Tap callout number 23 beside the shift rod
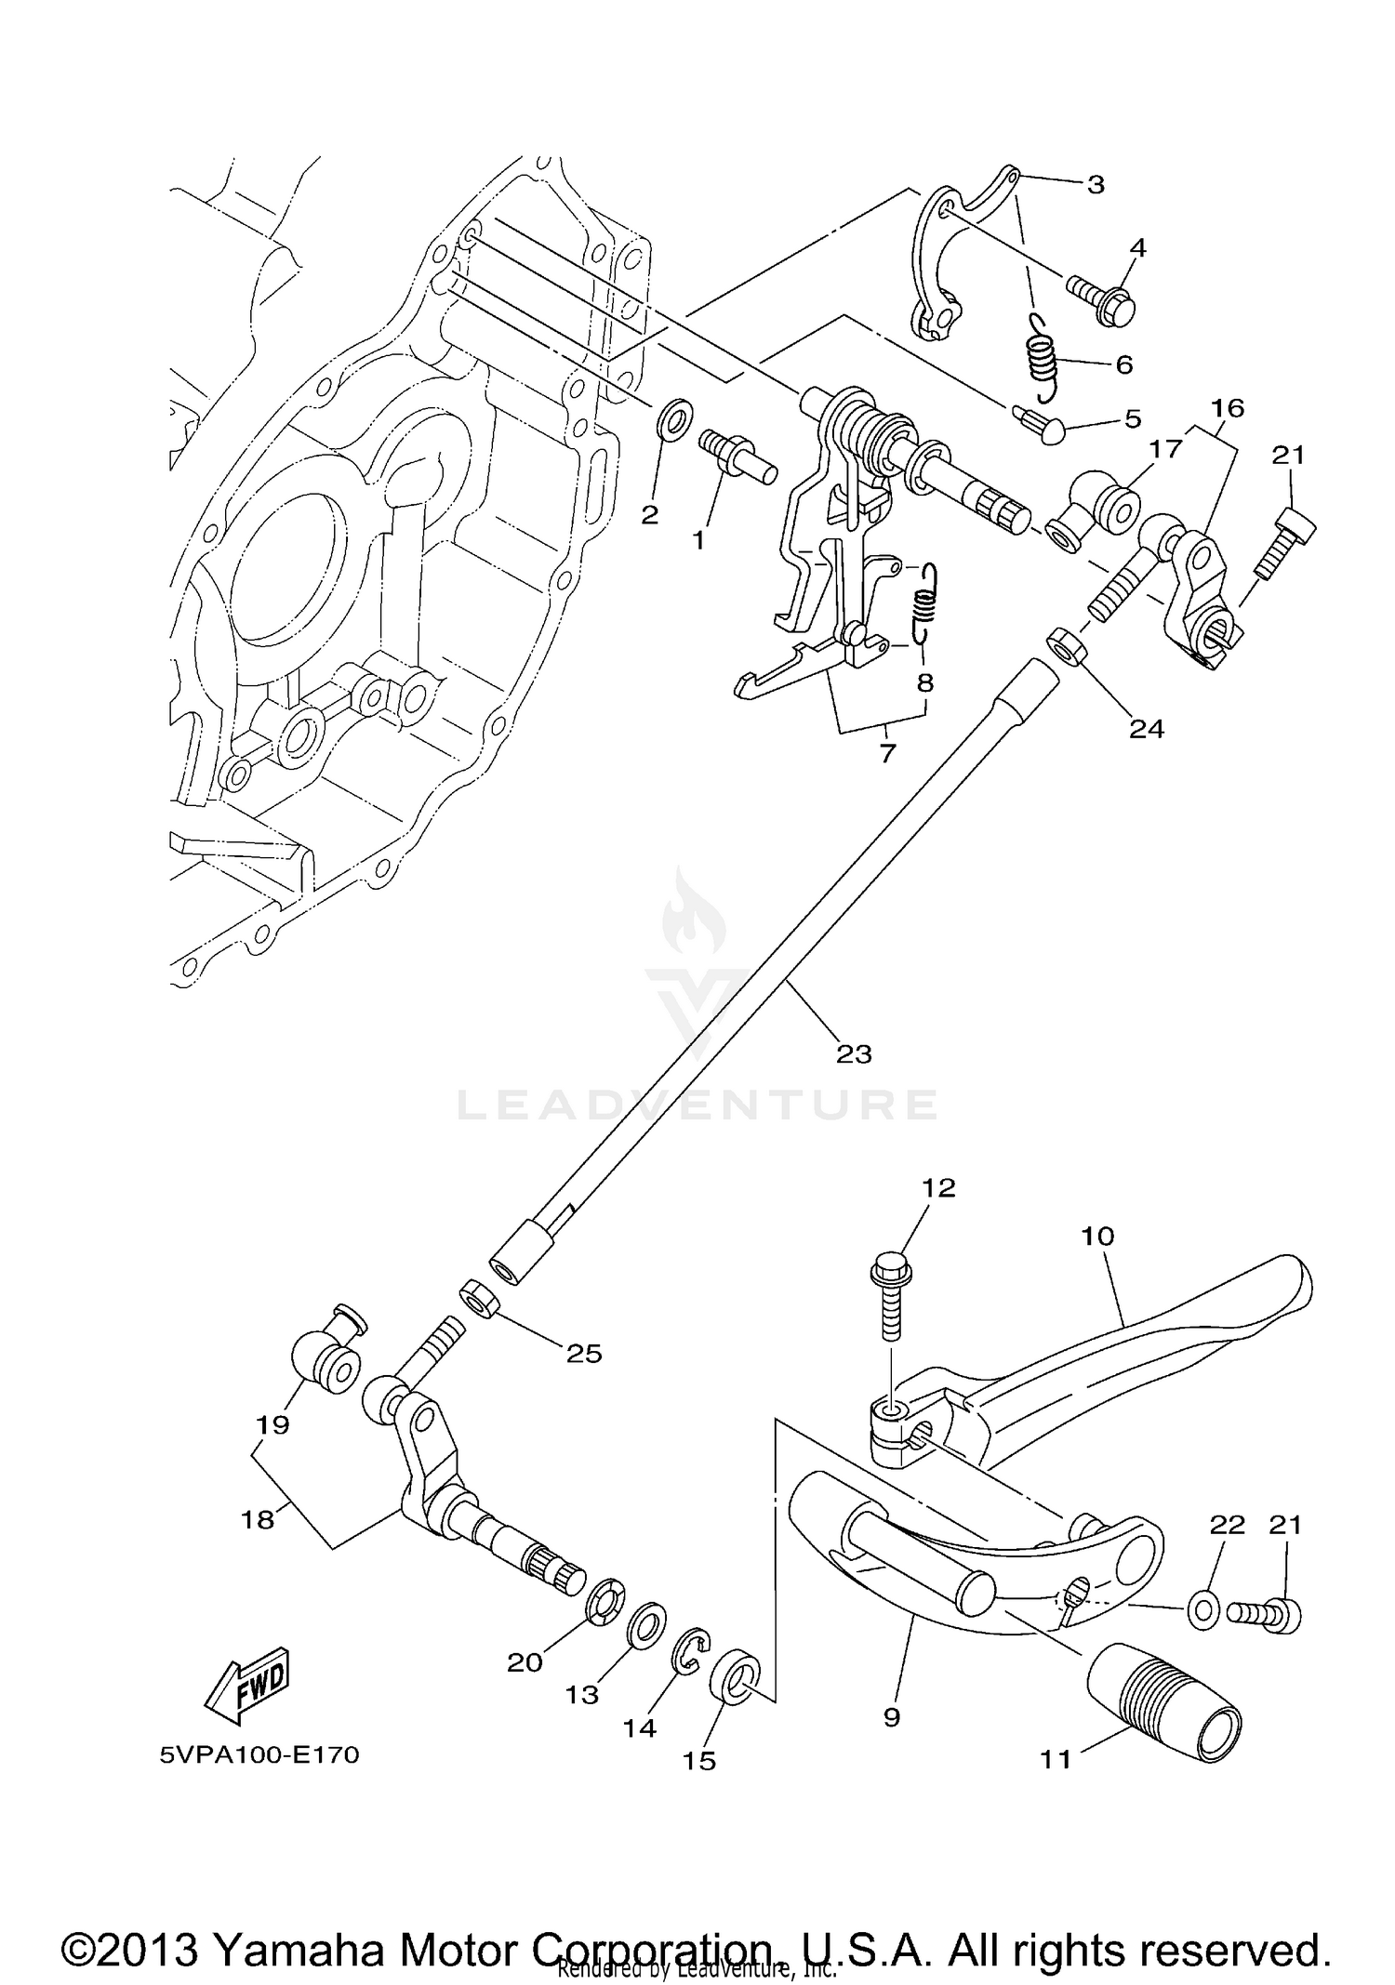[x=854, y=1053]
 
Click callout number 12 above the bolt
[x=938, y=1187]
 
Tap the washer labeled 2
[x=674, y=419]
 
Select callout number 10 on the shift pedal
[x=1097, y=1236]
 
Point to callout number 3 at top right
[x=1096, y=184]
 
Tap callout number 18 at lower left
[x=258, y=1519]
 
